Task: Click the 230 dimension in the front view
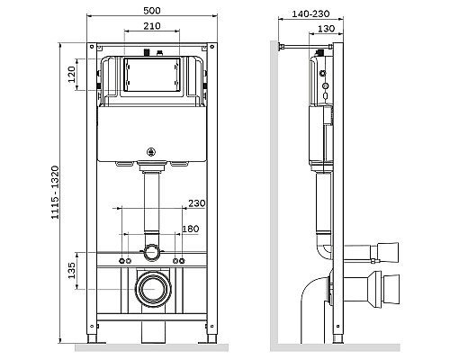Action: (x=197, y=202)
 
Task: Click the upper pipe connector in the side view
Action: (x=378, y=245)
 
